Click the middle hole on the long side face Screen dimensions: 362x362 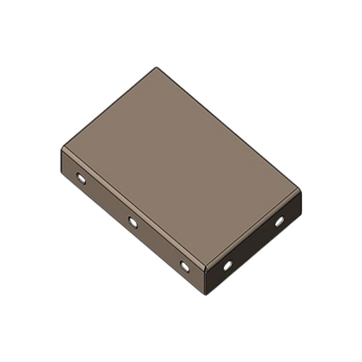point(133,222)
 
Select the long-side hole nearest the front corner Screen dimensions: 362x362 point(185,266)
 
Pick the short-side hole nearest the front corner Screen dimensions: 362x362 point(228,265)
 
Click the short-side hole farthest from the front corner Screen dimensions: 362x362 point(279,221)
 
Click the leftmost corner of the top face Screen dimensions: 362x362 point(62,148)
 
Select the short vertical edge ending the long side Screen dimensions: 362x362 point(61,158)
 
